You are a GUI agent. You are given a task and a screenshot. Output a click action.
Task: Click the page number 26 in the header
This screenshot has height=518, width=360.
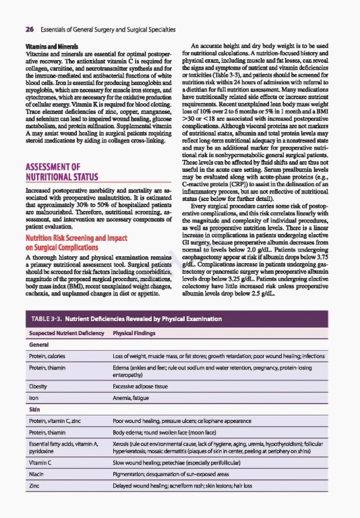coord(30,30)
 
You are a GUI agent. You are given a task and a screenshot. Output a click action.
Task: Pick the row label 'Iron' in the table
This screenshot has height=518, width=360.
coord(33,399)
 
